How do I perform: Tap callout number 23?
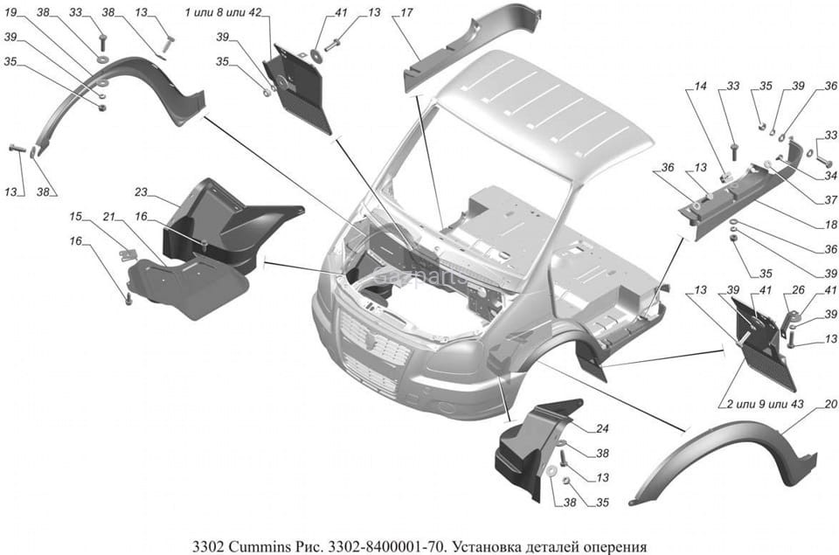tap(142, 191)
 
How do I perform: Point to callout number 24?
tap(602, 428)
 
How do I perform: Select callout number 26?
tap(798, 290)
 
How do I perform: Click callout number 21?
tap(109, 216)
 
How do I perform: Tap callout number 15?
tap(76, 216)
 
